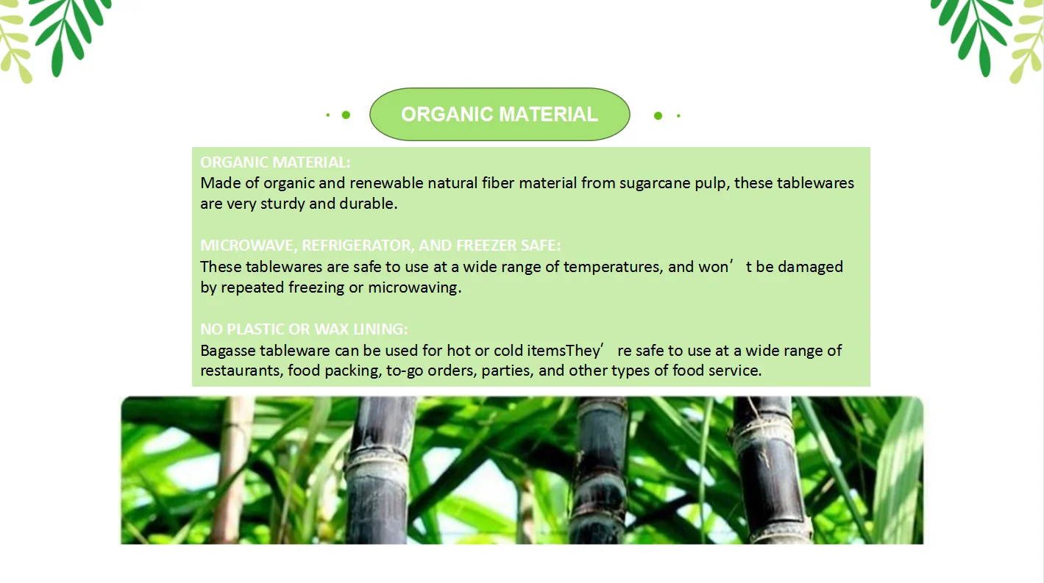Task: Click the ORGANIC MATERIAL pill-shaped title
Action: pos(500,114)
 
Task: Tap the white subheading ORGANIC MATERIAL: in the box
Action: pos(275,162)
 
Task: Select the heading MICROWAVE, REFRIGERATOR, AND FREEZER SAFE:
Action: pos(380,245)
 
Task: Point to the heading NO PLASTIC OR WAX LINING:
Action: pos(304,329)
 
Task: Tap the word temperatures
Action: pos(611,268)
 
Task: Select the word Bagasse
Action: pos(228,351)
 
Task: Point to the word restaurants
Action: pos(241,371)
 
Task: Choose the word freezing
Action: pos(316,287)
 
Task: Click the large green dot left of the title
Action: pos(346,115)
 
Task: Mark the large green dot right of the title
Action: pos(658,115)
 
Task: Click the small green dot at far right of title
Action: pos(678,115)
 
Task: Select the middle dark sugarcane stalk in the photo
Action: pos(599,471)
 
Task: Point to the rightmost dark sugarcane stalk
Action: pos(769,471)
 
